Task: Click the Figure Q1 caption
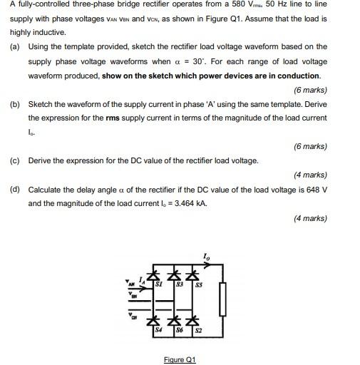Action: (179, 359)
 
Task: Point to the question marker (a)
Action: (14, 46)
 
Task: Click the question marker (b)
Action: (14, 103)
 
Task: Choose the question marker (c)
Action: (14, 160)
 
